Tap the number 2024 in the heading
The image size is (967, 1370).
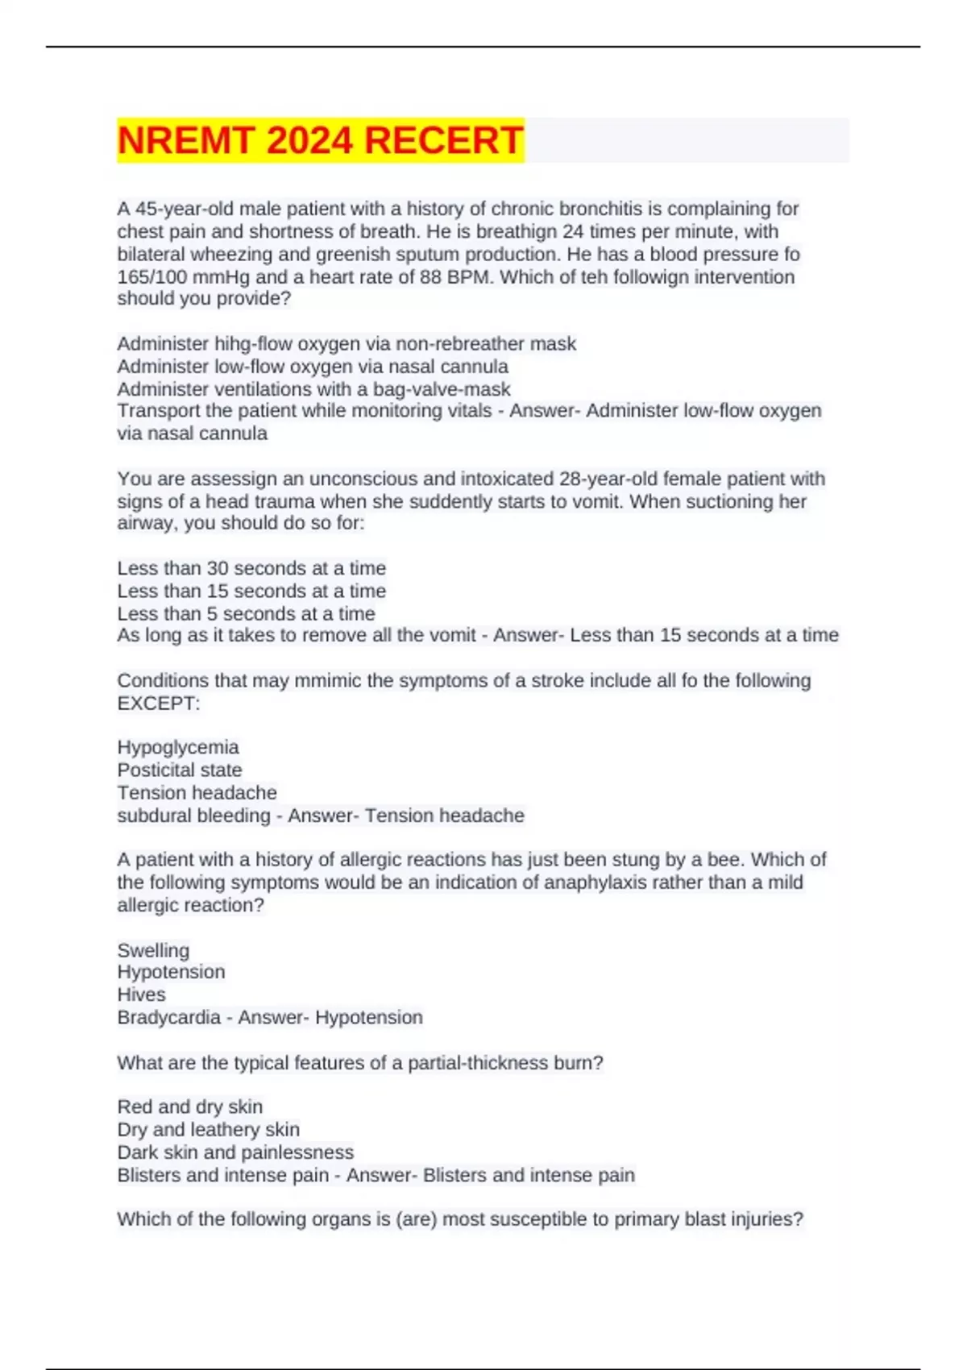[309, 140]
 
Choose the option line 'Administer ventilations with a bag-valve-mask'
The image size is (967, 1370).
[313, 389]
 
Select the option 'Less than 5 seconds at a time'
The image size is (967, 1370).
[246, 613]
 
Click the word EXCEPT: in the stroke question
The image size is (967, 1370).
[159, 704]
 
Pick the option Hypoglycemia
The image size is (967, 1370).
[178, 747]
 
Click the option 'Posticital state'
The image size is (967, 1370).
[179, 770]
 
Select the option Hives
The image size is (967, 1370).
[141, 994]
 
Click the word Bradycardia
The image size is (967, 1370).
[168, 1017]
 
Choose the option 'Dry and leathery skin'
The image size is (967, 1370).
[208, 1130]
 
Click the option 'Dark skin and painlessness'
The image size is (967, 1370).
[235, 1152]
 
